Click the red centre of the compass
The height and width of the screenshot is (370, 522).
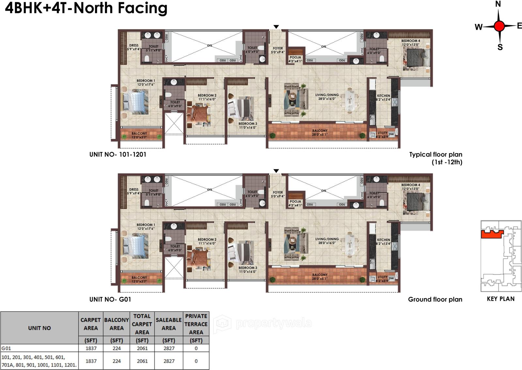499,26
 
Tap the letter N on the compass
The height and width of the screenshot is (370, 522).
498,4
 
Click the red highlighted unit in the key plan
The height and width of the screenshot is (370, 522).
492,234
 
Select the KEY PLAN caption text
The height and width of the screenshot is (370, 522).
500,299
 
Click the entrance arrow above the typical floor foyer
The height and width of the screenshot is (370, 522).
276,27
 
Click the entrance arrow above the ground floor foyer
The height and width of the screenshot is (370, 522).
276,171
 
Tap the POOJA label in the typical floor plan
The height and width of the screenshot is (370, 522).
295,58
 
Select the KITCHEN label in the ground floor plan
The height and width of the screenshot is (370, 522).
384,240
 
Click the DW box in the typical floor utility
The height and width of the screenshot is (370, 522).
391,134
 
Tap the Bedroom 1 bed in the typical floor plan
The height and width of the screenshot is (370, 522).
135,102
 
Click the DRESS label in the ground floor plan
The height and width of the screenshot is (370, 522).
134,190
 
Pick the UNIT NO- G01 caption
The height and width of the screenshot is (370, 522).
110,299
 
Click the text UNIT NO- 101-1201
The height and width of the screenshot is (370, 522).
118,154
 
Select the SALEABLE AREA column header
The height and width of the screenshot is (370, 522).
168,324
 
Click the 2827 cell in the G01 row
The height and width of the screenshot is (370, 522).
169,348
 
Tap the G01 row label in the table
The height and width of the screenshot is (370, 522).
6,348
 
